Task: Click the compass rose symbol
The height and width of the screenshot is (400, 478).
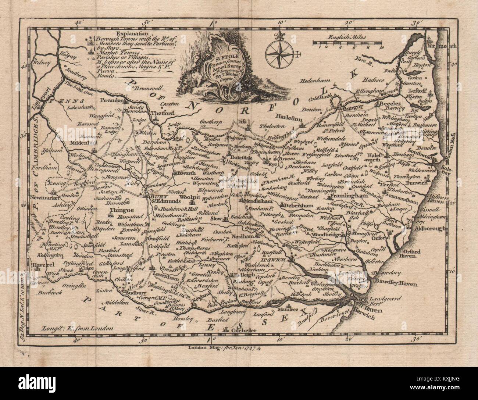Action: click(281, 51)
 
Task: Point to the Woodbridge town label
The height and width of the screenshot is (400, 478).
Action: click(325, 235)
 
